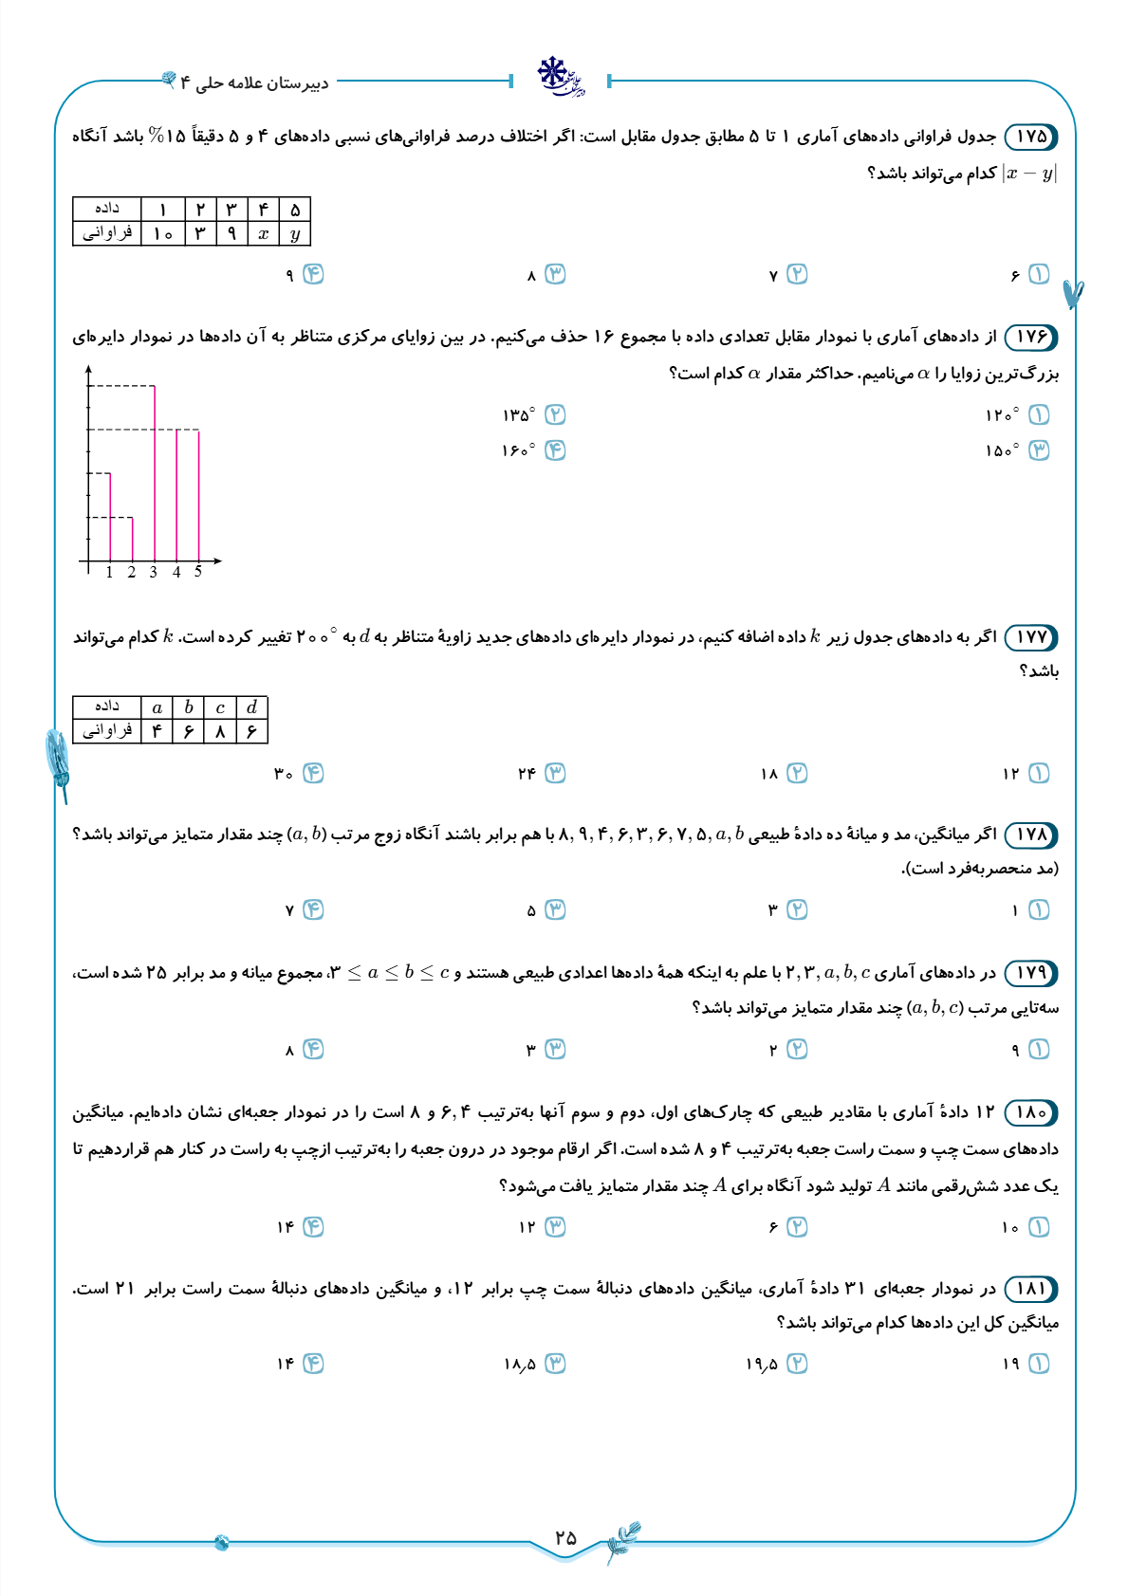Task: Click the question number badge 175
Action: [x=1030, y=137]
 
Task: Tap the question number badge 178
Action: [x=1030, y=835]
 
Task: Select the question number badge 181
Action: [x=1030, y=1289]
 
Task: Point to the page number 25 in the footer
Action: [x=565, y=1537]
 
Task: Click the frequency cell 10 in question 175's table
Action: [x=163, y=233]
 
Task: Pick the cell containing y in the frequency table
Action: [x=295, y=233]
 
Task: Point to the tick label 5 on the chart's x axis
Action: [x=198, y=572]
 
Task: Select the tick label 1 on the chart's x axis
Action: [x=110, y=572]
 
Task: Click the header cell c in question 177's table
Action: [x=220, y=707]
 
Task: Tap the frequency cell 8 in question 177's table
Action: [x=220, y=731]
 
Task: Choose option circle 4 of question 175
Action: [x=313, y=274]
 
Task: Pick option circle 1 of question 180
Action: [x=1039, y=1227]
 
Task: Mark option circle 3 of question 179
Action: [x=555, y=1050]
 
